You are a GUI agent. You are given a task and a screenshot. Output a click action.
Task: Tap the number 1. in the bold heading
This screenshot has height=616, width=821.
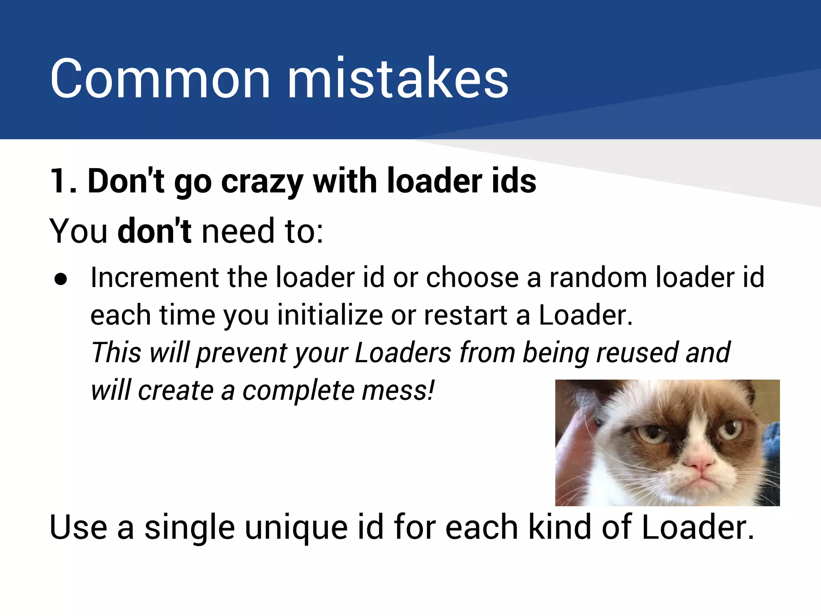pos(63,181)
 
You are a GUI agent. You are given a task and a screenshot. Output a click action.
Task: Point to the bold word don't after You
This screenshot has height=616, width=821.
pos(154,231)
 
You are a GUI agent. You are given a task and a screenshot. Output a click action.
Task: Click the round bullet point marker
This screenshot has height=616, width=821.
pos(61,280)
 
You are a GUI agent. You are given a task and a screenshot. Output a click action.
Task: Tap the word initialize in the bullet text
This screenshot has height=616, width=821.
pos(330,315)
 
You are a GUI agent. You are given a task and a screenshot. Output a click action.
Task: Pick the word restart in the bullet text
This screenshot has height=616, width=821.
pos(465,315)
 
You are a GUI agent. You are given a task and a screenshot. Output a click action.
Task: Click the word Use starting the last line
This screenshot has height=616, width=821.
pos(78,528)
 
